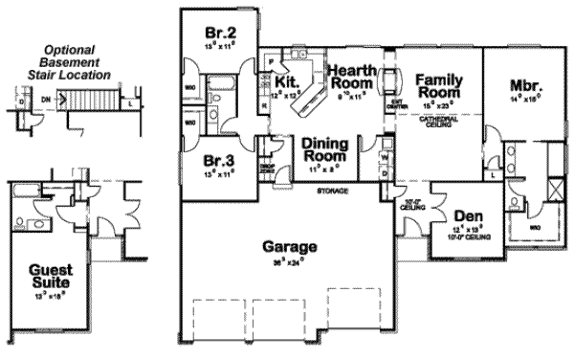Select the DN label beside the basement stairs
(45, 97)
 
